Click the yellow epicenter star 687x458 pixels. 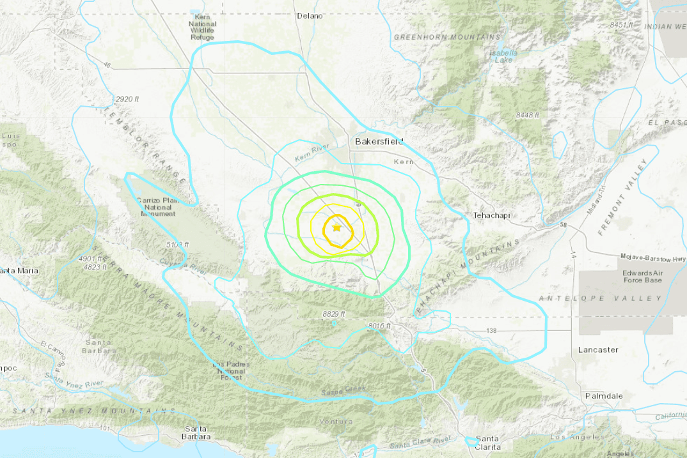point(336,227)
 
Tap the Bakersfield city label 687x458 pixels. point(379,141)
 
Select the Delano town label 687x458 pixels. point(310,16)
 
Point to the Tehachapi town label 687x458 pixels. point(491,215)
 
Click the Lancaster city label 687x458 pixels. point(598,349)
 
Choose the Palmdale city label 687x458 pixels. point(604,396)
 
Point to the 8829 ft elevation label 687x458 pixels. point(334,314)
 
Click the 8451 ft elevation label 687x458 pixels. point(621,24)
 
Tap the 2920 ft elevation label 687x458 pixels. point(127,99)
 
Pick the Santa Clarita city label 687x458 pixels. point(487,443)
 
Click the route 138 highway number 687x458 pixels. point(491,330)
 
